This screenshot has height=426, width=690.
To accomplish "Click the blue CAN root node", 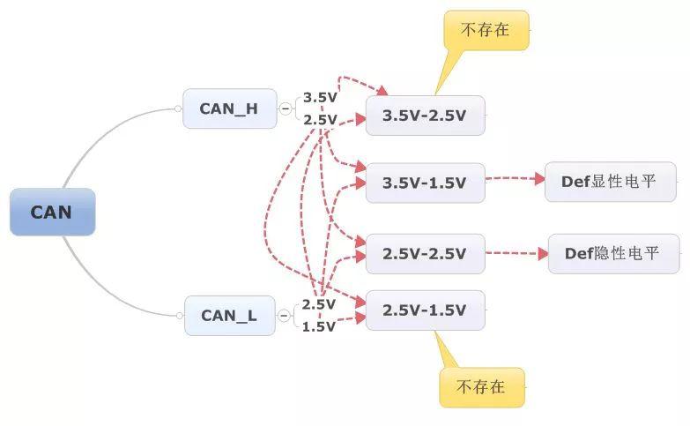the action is click(52, 212).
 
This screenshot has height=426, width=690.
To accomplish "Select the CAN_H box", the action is click(230, 108).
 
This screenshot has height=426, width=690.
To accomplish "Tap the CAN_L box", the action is click(230, 316).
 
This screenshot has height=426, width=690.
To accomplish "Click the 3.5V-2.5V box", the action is click(426, 116).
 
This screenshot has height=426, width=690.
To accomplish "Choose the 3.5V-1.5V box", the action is click(426, 183).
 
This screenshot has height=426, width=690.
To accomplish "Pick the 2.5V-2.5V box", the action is click(426, 254).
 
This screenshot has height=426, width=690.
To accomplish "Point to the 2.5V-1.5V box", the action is click(426, 310).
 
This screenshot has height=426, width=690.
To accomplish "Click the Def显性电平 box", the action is click(611, 182).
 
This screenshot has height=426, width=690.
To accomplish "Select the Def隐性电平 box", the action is click(614, 254).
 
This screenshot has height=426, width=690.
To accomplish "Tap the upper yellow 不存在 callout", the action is click(486, 30).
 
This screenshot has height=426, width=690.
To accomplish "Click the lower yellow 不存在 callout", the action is click(482, 387).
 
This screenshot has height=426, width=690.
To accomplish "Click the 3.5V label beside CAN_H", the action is click(320, 97).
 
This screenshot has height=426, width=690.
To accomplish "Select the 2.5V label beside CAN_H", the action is click(320, 119).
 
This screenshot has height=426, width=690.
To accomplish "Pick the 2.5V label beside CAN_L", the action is click(319, 304).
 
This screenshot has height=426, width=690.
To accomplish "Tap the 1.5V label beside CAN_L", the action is click(319, 326).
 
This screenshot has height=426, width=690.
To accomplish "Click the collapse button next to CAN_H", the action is click(286, 108).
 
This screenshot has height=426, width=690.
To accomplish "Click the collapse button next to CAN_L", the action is click(284, 316).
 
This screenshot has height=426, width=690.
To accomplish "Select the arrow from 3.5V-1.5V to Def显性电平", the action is click(516, 178).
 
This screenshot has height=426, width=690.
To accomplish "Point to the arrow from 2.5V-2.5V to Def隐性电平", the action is click(517, 253).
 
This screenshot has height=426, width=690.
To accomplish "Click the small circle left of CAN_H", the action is click(178, 108).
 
